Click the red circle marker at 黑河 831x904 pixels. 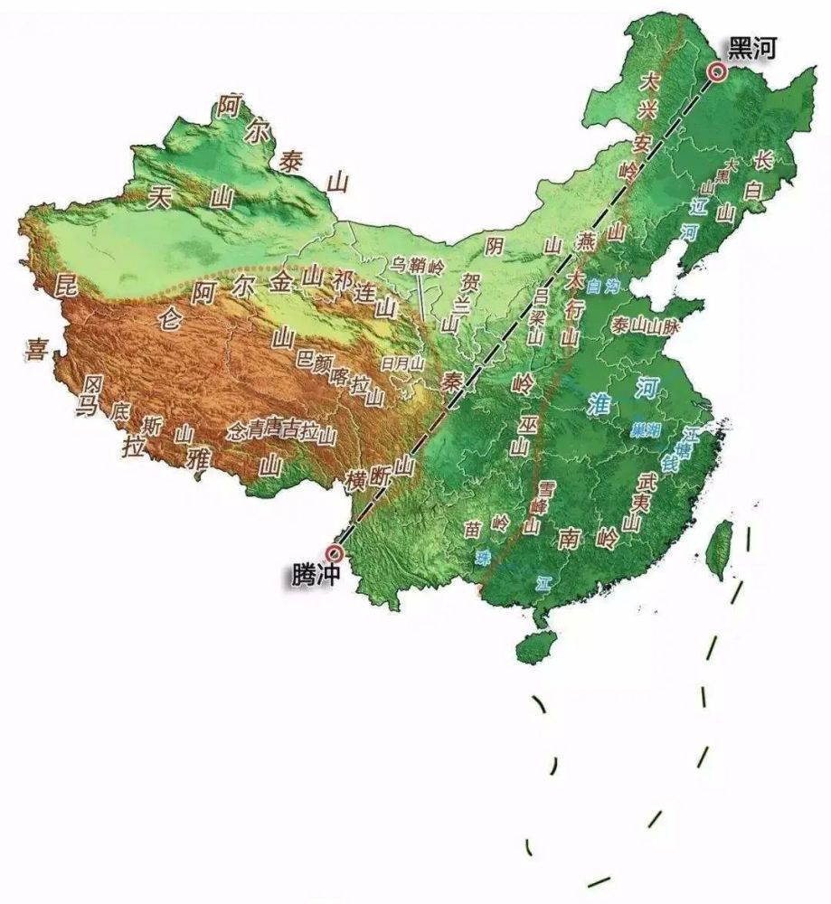tap(717, 71)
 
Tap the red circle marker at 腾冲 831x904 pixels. tap(335, 552)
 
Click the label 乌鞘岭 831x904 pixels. tap(417, 265)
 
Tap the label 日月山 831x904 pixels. tap(402, 363)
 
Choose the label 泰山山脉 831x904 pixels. tap(645, 326)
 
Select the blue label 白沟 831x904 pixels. tap(603, 287)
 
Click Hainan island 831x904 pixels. tap(534, 645)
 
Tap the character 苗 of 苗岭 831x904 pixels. tap(472, 528)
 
